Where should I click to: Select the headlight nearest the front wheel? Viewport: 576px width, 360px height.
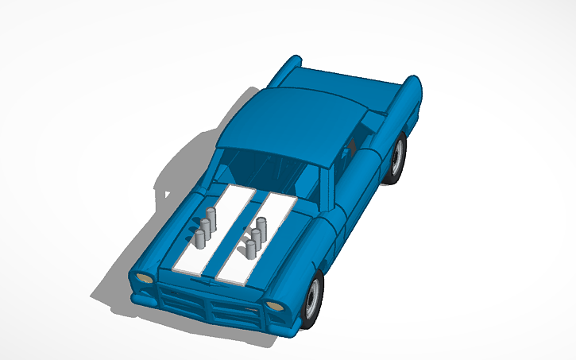[x=273, y=306]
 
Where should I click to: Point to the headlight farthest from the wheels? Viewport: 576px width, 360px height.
[x=144, y=277]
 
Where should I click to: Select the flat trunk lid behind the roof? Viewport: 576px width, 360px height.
[x=350, y=87]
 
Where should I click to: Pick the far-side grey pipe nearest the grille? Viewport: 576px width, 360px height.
[x=196, y=239]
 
